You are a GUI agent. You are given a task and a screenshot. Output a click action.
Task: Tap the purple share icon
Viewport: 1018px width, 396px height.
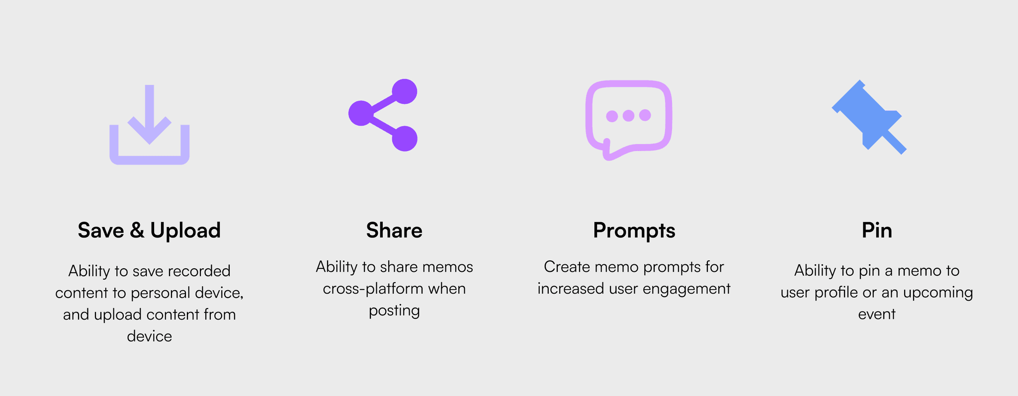[x=383, y=115]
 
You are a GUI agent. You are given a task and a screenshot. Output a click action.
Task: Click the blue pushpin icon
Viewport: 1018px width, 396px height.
[x=867, y=117]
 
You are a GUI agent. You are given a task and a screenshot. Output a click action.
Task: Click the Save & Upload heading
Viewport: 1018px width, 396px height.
[x=149, y=231]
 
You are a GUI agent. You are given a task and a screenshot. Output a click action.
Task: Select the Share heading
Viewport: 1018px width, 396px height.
[x=394, y=231]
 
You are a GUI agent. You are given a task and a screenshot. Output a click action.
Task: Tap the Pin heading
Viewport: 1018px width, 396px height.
[x=877, y=231]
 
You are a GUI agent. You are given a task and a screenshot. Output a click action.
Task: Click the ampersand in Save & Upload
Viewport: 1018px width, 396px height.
[x=137, y=231]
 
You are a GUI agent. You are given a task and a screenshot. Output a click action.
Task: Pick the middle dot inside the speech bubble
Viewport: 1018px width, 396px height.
[x=628, y=116]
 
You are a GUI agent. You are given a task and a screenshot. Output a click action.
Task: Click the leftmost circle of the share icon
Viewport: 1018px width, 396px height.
[x=361, y=113]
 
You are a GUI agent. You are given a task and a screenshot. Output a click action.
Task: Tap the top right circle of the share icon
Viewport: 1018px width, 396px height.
[x=405, y=91]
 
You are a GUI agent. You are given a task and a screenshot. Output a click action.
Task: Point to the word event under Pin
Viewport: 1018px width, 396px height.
[x=877, y=314]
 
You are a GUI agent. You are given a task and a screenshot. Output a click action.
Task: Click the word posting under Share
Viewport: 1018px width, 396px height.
[x=394, y=311]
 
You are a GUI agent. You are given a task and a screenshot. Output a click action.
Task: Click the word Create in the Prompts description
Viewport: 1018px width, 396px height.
[x=567, y=267]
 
